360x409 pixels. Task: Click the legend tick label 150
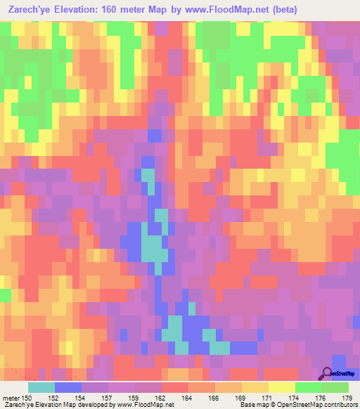click(25, 398)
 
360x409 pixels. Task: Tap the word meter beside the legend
click(10, 398)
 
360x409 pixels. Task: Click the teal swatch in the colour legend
click(41, 387)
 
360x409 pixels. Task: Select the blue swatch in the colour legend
click(68, 387)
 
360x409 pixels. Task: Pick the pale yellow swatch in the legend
click(282, 387)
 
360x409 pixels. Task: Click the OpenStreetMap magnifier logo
click(327, 374)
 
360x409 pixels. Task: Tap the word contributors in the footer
click(340, 405)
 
